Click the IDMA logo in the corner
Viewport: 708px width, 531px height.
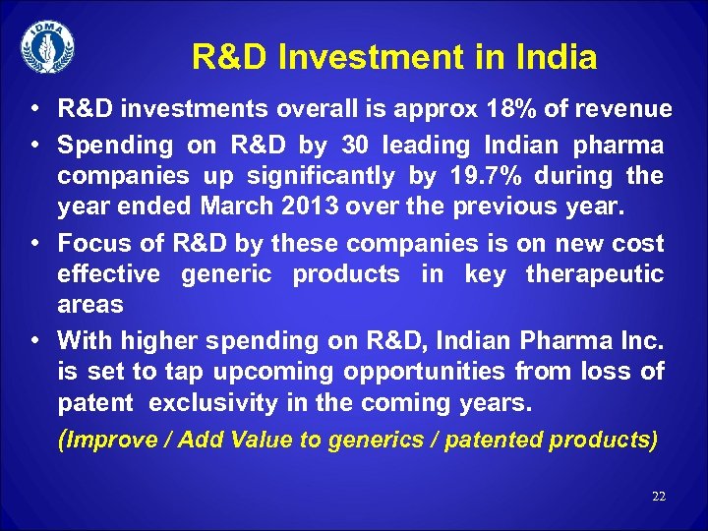46,46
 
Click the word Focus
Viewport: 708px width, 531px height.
94,243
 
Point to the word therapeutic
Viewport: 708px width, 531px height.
595,273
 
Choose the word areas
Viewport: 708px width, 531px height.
90,304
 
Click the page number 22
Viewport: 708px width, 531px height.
659,497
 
